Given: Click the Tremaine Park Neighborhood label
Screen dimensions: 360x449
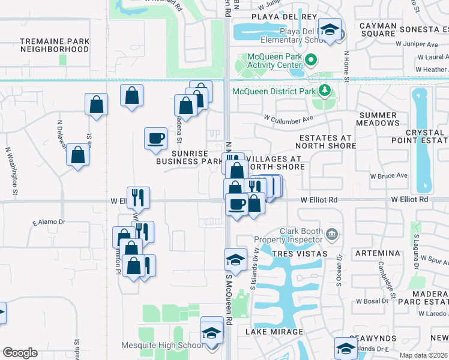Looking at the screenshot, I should click(55, 45).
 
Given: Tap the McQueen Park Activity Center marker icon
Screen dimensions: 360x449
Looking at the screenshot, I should click(310, 60).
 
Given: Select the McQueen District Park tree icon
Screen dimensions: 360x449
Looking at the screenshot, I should click(325, 91).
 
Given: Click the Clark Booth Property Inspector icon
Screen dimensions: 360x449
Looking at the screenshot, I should click(331, 233).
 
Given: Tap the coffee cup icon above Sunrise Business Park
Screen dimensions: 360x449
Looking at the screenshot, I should click(156, 137).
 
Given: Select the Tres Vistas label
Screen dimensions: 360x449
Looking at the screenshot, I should click(300, 254).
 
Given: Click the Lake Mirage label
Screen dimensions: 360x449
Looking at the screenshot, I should click(274, 331).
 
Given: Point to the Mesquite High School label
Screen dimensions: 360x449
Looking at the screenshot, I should click(170, 345).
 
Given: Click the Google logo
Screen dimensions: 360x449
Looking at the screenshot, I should click(20, 353).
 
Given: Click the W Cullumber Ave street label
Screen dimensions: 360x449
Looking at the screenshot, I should click(289, 118).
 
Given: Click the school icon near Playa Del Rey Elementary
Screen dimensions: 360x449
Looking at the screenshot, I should click(330, 30).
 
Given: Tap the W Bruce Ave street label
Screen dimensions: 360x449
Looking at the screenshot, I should click(388, 176).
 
